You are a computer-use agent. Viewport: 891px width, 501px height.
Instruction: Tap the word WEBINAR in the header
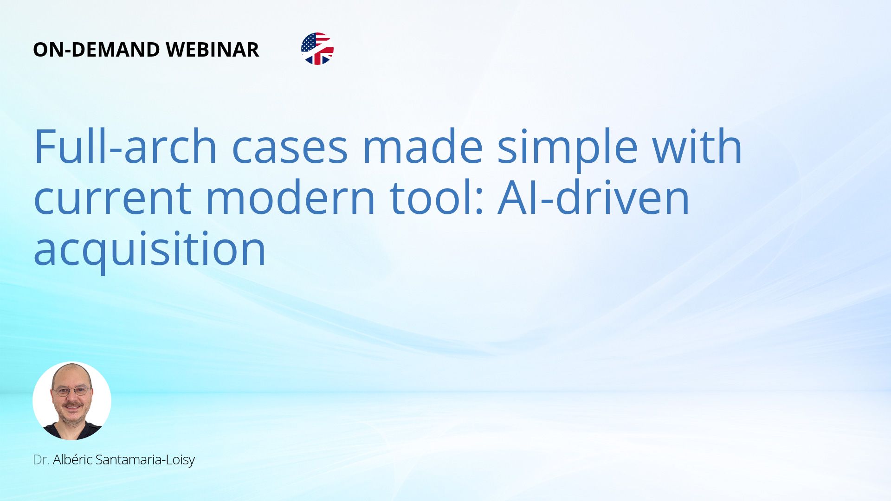pos(213,50)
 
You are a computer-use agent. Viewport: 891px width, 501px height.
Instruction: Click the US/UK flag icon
pos(317,49)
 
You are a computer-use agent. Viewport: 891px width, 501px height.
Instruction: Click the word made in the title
pos(422,147)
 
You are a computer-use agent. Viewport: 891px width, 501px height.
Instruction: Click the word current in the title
pos(113,199)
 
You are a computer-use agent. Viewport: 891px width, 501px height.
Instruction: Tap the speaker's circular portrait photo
pos(72,401)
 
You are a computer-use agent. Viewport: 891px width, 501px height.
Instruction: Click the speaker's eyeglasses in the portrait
pos(71,391)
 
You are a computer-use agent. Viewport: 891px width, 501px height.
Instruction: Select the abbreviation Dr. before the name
pos(41,460)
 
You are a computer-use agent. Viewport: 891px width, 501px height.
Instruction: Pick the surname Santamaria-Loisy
pos(145,460)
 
